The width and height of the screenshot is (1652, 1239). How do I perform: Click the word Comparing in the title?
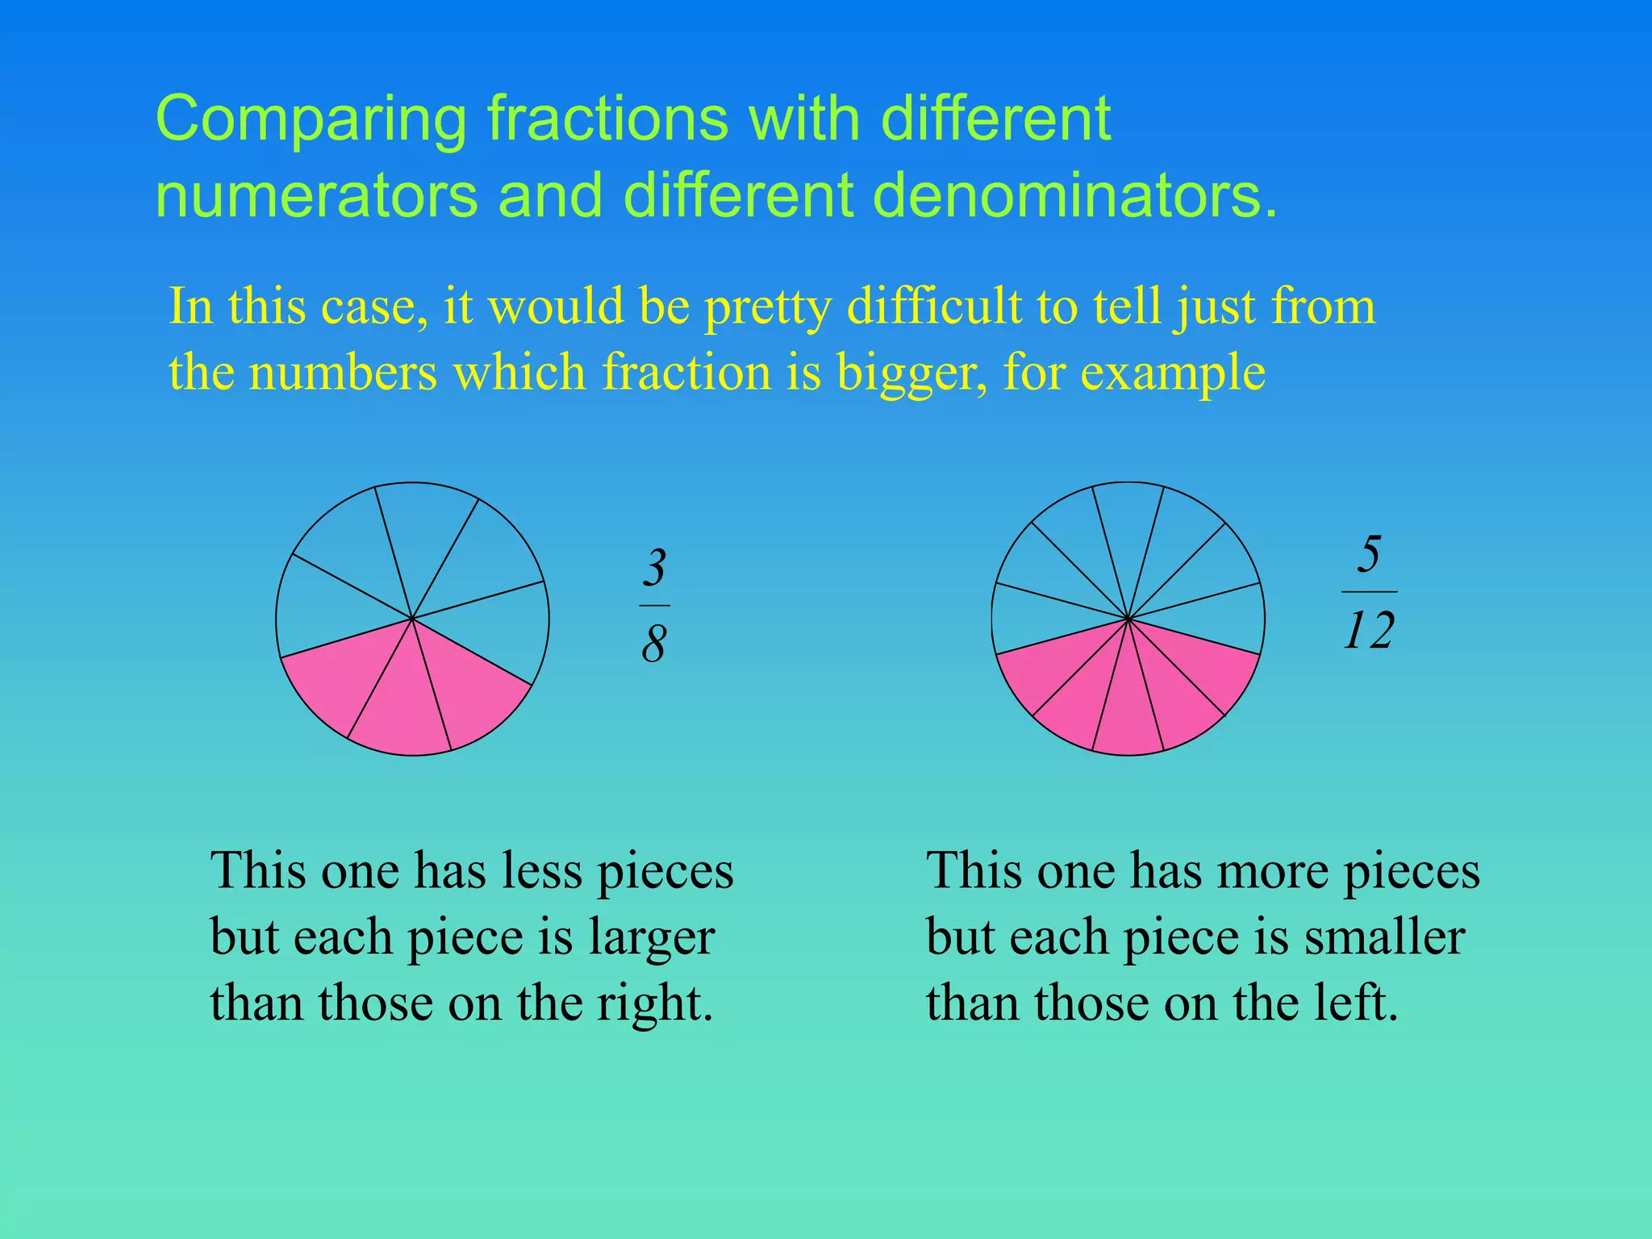click(311, 119)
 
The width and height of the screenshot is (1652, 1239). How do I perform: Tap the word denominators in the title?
click(1075, 196)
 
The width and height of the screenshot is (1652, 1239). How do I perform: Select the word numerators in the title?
click(317, 196)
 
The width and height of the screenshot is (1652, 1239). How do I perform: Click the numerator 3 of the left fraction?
click(654, 568)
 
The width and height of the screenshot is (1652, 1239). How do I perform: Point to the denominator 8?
click(653, 644)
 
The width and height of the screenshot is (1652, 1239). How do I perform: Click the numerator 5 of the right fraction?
click(1369, 554)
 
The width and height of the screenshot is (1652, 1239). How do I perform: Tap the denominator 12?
click(1369, 630)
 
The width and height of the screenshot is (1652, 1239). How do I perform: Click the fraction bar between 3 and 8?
click(654, 605)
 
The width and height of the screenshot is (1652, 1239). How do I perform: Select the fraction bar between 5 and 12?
click(1369, 592)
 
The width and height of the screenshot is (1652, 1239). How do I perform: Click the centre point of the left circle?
click(412, 619)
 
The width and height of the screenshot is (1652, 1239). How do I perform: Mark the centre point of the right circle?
click(1128, 619)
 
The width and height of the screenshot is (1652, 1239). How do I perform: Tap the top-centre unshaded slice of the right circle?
click(1128, 524)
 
